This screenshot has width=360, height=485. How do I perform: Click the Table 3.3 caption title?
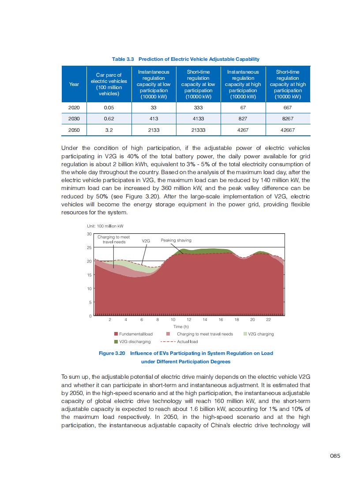pos(185,59)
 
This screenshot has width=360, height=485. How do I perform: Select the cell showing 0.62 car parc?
pos(109,119)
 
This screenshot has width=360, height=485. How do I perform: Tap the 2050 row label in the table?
pos(74,130)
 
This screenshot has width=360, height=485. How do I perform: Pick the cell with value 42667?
pos(288,130)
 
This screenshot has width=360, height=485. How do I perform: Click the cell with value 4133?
pos(198,119)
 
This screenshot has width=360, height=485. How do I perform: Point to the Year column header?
pos(74,84)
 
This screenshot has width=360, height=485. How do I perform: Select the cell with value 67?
pos(243,108)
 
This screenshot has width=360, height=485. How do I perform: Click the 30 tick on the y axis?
pos(89,234)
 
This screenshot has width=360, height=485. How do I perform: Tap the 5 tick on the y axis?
pos(90,302)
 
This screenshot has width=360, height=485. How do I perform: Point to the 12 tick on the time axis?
pos(189,320)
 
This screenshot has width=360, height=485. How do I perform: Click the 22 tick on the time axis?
pos(268,320)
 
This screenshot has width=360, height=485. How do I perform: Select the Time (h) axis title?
pos(181,327)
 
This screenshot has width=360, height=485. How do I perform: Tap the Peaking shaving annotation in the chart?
pos(176,240)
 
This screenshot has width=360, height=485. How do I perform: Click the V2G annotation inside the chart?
pos(146,241)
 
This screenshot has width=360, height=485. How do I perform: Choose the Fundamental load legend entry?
pos(133,334)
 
